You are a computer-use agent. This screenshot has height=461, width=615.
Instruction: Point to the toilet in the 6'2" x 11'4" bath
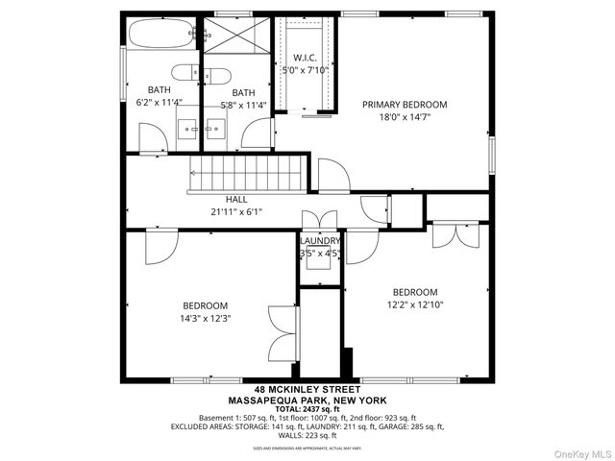pos(184,71)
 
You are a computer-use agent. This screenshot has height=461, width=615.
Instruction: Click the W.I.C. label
pos(305,57)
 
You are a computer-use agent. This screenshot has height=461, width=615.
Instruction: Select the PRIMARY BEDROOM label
pos(405,104)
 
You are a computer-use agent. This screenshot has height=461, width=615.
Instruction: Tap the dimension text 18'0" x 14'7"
pos(405,117)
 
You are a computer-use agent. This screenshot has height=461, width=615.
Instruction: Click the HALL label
pos(236,200)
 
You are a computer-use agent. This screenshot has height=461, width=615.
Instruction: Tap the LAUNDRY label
pos(320,241)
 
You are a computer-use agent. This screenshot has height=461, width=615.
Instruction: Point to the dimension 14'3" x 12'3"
pos(205,318)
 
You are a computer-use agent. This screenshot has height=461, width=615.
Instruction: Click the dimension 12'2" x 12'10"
pos(415,305)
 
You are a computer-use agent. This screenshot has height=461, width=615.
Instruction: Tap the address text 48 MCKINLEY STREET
pos(308,390)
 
